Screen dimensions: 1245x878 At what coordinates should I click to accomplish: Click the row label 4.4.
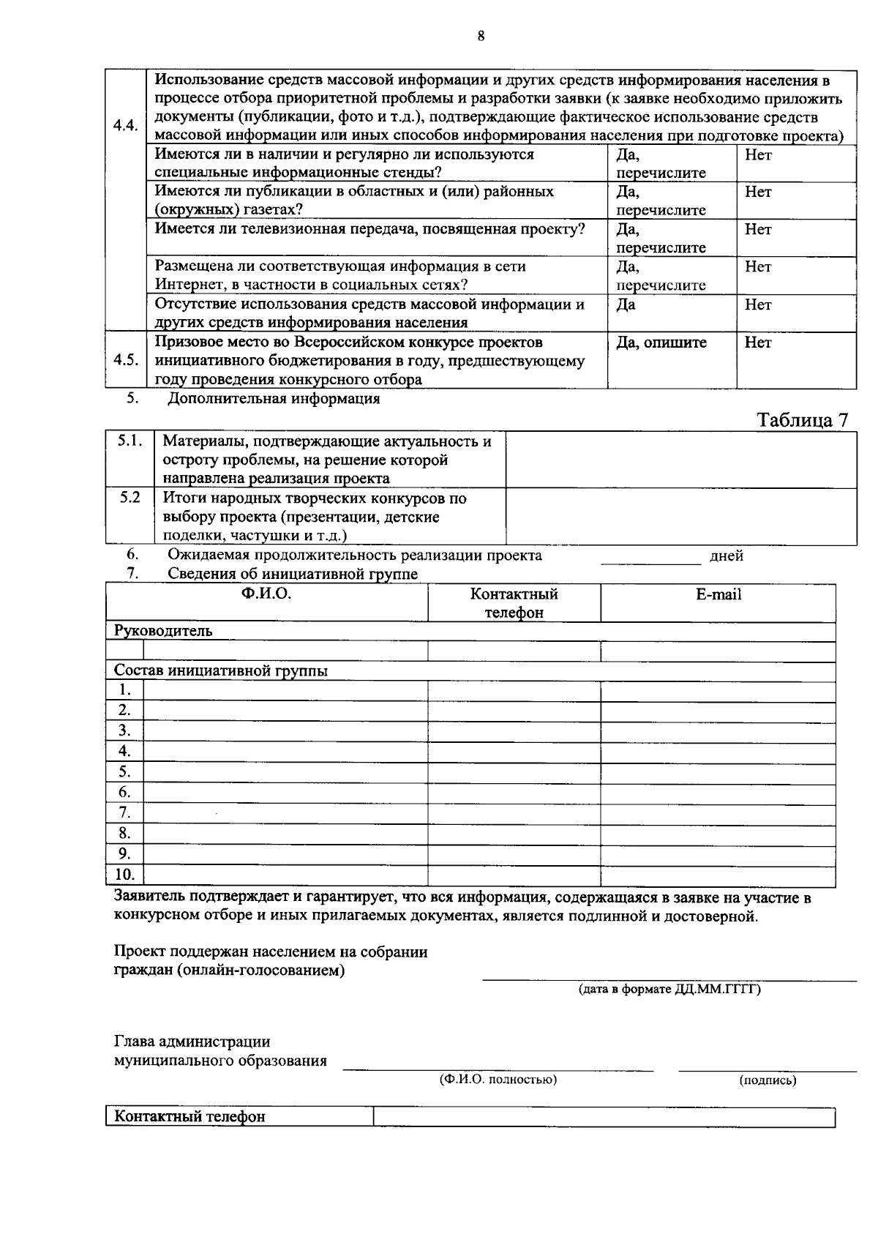click(126, 124)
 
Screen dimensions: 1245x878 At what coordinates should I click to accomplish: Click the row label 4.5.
click(126, 360)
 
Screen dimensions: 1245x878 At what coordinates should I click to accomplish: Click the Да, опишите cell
click(661, 343)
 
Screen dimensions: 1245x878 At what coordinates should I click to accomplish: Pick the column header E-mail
click(718, 595)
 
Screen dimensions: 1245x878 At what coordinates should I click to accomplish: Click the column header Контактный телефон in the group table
click(514, 603)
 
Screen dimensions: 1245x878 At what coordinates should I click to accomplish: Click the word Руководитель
click(163, 631)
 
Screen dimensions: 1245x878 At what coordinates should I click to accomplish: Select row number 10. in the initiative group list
click(125, 874)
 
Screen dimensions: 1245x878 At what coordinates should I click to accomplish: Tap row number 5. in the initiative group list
click(125, 771)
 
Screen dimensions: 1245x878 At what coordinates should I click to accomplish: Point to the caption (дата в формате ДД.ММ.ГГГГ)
click(669, 990)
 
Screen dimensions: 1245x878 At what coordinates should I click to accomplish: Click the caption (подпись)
click(768, 1080)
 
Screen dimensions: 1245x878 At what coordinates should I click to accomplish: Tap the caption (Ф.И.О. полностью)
click(498, 1080)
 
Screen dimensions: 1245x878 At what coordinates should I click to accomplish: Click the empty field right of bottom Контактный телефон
click(604, 1117)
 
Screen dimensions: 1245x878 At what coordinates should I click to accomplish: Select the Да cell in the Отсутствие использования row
click(626, 305)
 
